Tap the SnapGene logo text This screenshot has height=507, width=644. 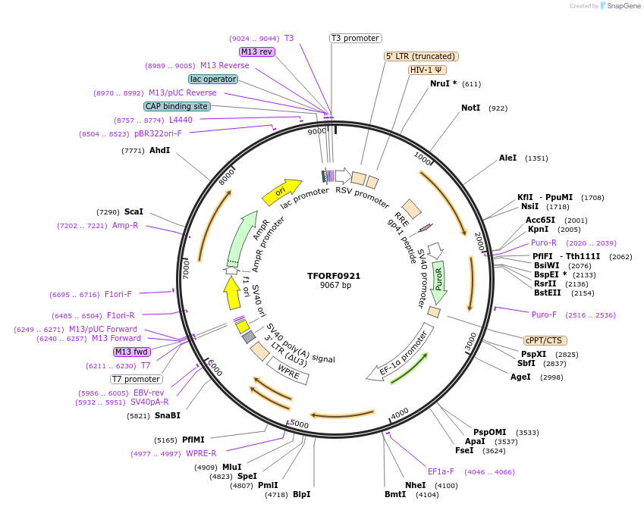[x=625, y=6]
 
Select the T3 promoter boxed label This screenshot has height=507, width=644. [x=355, y=38]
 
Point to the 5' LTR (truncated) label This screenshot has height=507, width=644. [x=421, y=56]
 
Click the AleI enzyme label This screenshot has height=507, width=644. [x=507, y=158]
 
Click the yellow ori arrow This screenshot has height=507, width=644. [x=281, y=192]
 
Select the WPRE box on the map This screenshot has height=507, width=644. [x=287, y=371]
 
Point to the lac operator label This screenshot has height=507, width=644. [x=212, y=79]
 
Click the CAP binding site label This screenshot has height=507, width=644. [x=177, y=106]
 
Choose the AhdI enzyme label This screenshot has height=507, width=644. [x=159, y=150]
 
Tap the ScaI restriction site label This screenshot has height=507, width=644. [x=134, y=211]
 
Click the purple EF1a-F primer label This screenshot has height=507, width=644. [x=441, y=471]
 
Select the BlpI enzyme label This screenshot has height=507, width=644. [x=301, y=494]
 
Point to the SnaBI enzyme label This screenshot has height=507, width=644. [x=168, y=415]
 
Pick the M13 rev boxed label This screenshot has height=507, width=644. [x=257, y=52]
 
